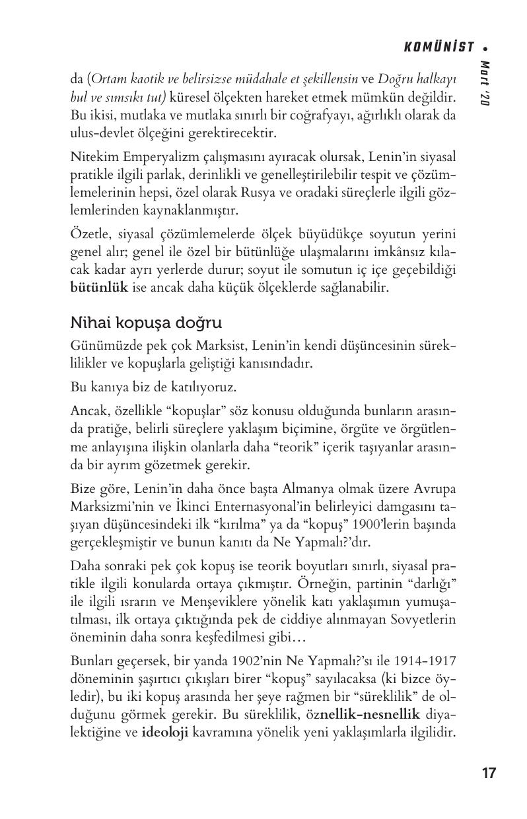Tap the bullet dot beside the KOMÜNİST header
[x=485, y=48]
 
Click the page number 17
[x=489, y=773]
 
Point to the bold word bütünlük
[x=99, y=288]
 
